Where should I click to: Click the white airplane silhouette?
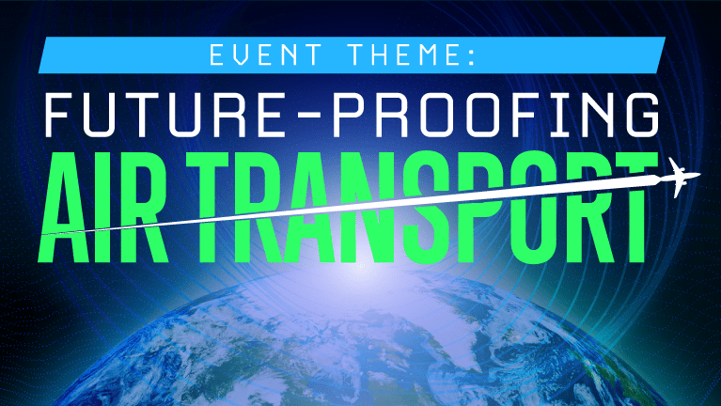(680, 177)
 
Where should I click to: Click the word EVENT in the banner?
(265, 55)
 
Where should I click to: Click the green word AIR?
(103, 207)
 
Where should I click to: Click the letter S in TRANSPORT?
(429, 207)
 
